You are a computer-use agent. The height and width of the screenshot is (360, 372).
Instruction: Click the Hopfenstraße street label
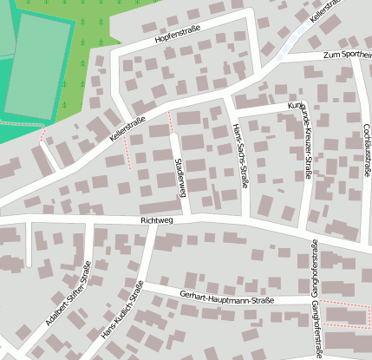coord(178,36)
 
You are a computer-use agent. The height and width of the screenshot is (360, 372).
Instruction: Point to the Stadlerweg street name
coord(179,178)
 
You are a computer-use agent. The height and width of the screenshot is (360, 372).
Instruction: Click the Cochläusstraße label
coord(367,150)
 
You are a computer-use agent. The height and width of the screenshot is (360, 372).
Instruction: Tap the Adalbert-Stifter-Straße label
coord(69,295)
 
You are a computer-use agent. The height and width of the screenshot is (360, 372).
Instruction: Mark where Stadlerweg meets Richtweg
coord(186,216)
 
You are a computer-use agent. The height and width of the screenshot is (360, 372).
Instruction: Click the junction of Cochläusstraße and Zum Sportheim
coord(357,57)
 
